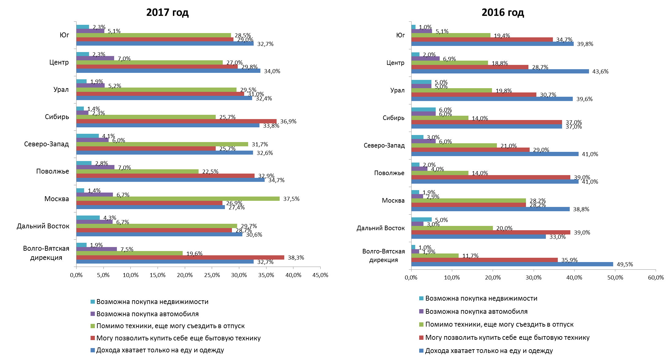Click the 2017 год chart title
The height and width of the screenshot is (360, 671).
[x=167, y=13]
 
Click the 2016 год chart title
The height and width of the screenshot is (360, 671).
[x=503, y=13]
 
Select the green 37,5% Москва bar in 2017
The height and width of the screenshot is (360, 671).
[x=178, y=199]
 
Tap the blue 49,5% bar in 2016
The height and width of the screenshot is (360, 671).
[x=512, y=264]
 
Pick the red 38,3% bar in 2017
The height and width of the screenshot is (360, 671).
[x=180, y=257]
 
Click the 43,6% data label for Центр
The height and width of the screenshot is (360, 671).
[x=600, y=72]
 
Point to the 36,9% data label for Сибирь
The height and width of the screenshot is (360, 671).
[x=288, y=122]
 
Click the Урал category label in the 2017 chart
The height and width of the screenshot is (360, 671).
[x=61, y=90]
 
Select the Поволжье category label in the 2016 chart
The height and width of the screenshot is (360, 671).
[x=389, y=173]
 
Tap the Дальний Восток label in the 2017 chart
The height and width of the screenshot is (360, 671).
[x=43, y=226]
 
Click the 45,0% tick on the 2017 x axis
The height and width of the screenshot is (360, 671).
[x=320, y=275]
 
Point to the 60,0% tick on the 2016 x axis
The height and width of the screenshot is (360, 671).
[x=656, y=278]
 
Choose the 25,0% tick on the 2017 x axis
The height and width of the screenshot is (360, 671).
[x=212, y=275]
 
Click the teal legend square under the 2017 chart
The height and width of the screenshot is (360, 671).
[x=93, y=302]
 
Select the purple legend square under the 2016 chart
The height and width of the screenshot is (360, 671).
[x=421, y=312]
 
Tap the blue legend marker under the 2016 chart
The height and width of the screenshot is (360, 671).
[x=421, y=351]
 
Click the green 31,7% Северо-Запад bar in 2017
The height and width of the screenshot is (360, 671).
[x=162, y=144]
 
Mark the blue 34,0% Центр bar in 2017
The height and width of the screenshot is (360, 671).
[x=168, y=71]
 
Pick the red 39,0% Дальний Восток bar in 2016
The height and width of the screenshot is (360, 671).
[x=490, y=232]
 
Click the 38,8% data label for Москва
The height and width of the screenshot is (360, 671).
[x=581, y=209]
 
